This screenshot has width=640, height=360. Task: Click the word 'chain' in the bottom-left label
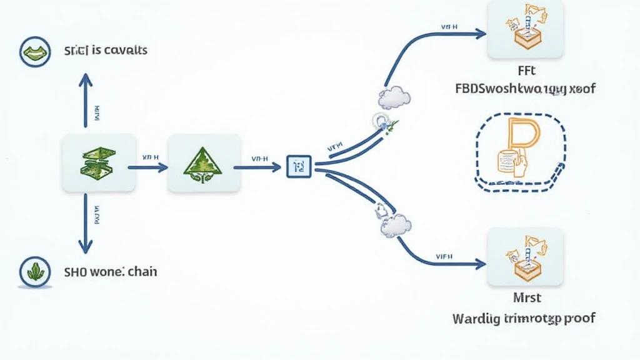pos(143,272)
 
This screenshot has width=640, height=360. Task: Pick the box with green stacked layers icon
pos(99,162)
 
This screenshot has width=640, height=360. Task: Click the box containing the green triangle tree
pos(204,162)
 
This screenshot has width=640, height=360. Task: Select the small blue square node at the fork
pos(298,166)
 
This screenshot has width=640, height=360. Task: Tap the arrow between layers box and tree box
pos(147,167)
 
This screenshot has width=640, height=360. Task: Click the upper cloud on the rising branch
pos(394,97)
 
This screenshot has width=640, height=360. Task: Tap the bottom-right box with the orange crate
pos(524,256)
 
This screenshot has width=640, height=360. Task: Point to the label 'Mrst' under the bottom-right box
pos(524,297)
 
